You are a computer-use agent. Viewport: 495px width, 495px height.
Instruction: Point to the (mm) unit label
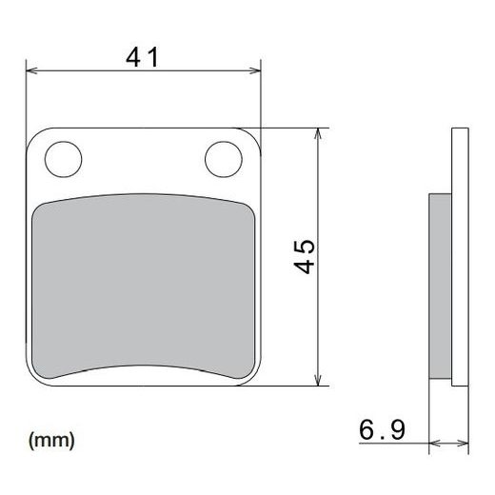tap(51, 441)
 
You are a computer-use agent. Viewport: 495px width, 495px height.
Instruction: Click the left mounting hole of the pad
tap(63, 157)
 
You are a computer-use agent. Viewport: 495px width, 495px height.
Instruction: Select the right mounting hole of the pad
tap(222, 156)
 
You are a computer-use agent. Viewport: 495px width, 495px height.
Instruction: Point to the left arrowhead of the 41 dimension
tap(30, 69)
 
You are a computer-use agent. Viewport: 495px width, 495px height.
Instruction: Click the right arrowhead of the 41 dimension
tap(255, 69)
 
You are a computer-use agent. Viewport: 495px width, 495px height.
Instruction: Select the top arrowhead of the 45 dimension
tap(317, 132)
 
